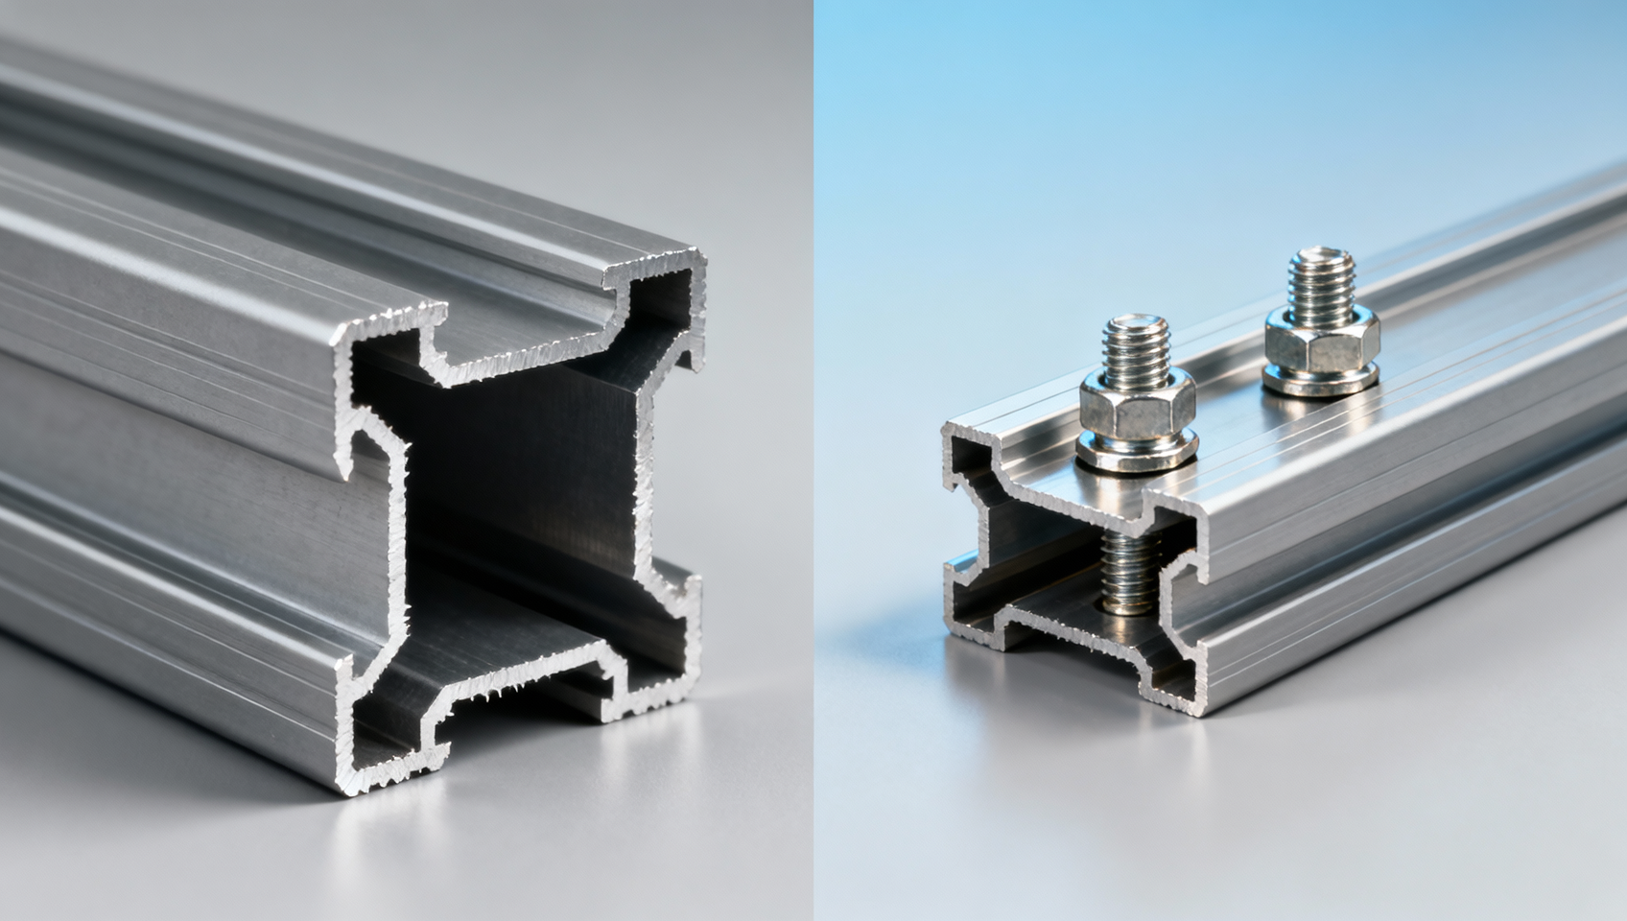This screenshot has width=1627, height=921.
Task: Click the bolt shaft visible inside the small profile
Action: (1130, 576)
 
